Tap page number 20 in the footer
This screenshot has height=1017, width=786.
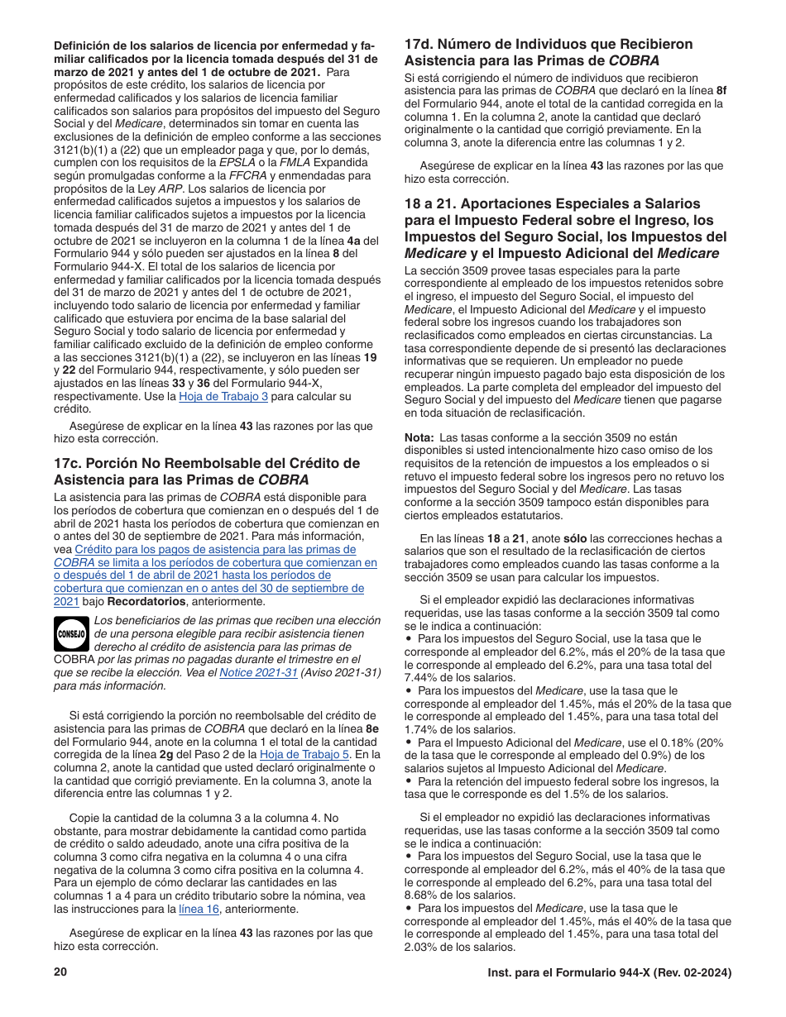click(x=60, y=972)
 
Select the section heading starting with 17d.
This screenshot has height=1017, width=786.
click(x=549, y=52)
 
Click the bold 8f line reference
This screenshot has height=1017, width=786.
click(x=721, y=90)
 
